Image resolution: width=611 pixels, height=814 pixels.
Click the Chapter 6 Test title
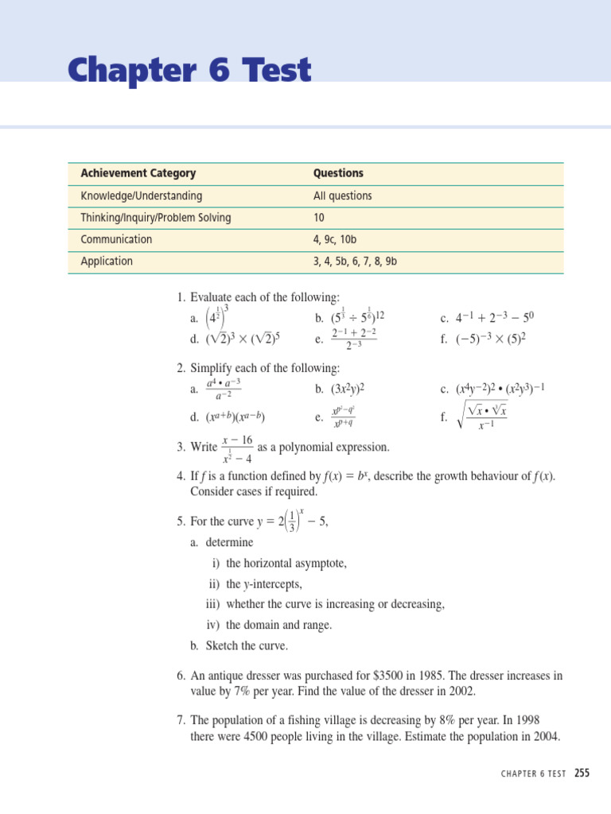pos(189,72)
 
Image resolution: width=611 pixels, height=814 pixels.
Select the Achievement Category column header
pos(138,173)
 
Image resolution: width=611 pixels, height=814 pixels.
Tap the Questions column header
pos(338,173)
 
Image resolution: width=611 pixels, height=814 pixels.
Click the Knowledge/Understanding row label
pos(141,196)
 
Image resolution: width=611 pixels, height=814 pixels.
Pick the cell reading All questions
pos(342,196)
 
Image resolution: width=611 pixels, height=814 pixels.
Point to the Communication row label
pos(116,239)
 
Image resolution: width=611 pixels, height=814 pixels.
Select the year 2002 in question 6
pos(461,692)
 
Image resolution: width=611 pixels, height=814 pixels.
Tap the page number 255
pos(582,774)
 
